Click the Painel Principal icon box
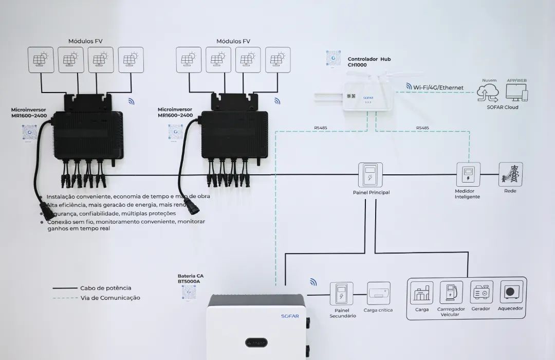tap(371, 175)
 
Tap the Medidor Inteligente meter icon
tap(468, 174)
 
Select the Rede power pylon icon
tap(510, 174)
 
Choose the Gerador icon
tap(481, 292)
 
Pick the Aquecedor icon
tap(510, 292)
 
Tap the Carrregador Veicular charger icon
tap(451, 292)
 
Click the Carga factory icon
tap(422, 292)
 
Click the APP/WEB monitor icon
tap(516, 93)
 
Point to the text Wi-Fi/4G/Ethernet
tap(438, 87)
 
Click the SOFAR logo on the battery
tap(290, 316)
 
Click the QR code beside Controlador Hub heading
tap(333, 58)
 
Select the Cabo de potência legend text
tap(105, 288)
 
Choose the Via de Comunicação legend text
tap(109, 298)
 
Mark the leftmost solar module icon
tap(41, 60)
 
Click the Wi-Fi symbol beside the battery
tap(313, 282)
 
